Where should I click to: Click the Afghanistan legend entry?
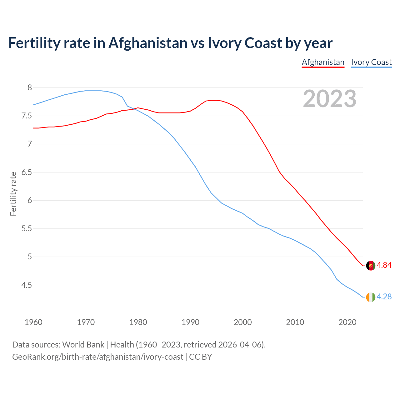[323, 62]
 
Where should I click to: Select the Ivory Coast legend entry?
[371, 62]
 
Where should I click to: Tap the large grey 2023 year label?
[330, 99]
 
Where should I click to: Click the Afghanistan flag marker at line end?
[371, 266]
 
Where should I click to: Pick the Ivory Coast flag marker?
[371, 297]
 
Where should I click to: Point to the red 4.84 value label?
[384, 265]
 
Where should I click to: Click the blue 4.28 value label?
[384, 297]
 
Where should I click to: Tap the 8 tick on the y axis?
[30, 88]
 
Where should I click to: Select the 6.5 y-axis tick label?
[27, 172]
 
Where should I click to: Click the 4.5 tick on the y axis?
[27, 285]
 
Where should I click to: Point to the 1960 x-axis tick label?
[33, 322]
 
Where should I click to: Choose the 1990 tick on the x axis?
[190, 322]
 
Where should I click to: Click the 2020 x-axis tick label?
[347, 322]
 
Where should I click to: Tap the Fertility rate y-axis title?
[13, 194]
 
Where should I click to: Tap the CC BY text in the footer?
[201, 357]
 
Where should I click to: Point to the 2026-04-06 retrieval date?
[241, 345]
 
